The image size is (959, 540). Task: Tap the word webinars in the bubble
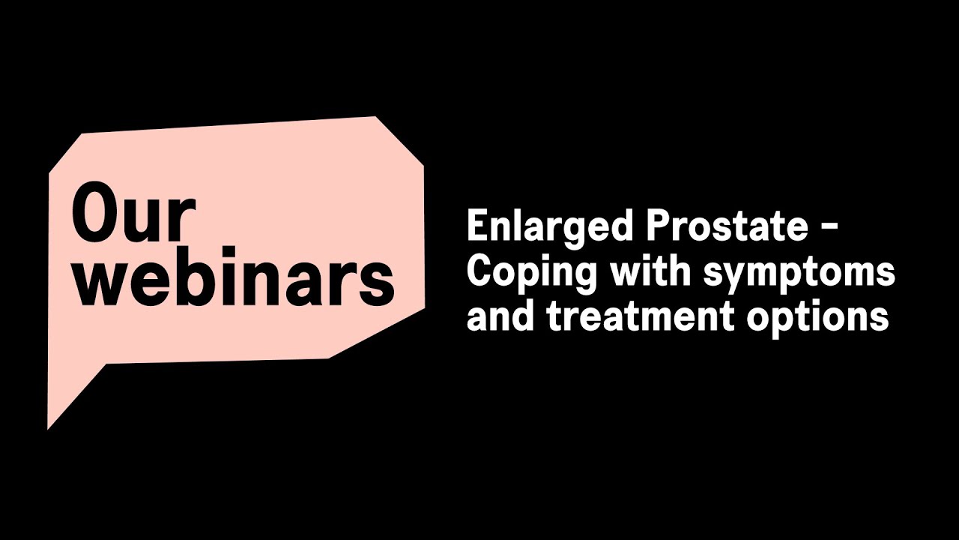coord(233,279)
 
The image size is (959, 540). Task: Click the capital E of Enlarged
coord(477,226)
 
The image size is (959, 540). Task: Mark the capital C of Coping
coord(479,271)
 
